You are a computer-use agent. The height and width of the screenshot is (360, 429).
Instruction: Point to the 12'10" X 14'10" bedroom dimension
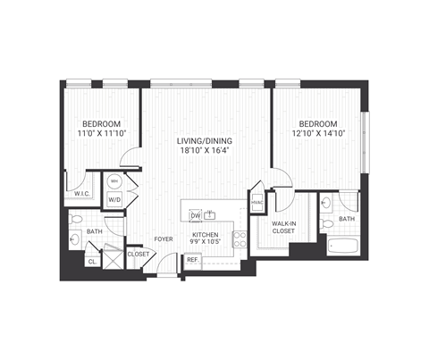point(317,135)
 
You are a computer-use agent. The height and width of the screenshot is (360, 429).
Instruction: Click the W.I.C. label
point(82,193)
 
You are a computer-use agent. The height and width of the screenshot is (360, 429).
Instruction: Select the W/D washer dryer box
point(115,200)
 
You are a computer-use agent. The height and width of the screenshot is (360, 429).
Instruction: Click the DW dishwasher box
point(195,215)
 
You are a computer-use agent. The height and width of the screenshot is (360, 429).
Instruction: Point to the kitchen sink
point(212,214)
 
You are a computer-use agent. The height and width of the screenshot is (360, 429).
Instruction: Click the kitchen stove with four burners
point(239,239)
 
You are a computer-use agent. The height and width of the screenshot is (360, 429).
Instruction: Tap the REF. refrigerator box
point(192,260)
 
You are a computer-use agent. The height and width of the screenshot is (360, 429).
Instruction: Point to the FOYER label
point(163,239)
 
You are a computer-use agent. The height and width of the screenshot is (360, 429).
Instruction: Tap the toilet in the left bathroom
point(77,218)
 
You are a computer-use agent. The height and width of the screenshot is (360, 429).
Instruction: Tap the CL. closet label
point(92,261)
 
